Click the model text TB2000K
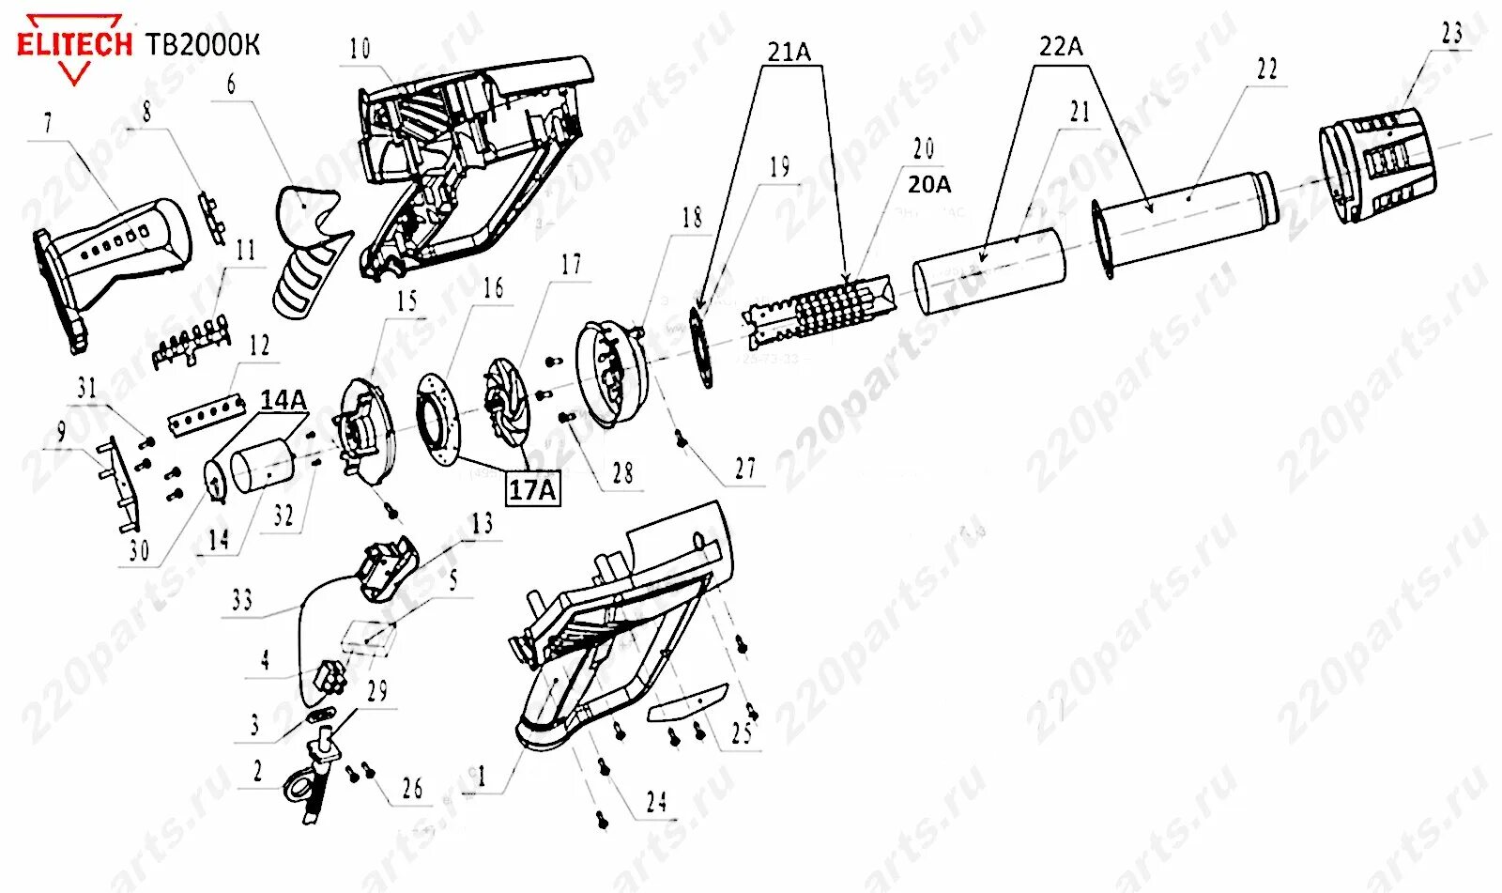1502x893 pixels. point(203,44)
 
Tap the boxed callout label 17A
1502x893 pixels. point(532,489)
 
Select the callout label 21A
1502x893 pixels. point(789,53)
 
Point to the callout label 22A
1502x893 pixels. point(1061,46)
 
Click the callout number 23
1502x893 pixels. point(1451,34)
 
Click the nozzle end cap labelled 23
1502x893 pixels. point(1377,165)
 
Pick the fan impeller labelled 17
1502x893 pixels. point(507,409)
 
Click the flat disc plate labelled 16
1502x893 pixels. point(439,417)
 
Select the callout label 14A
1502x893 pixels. point(283,400)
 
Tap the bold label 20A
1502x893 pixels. point(928,185)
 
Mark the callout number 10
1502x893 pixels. point(360,49)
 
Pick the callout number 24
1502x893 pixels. point(656,801)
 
